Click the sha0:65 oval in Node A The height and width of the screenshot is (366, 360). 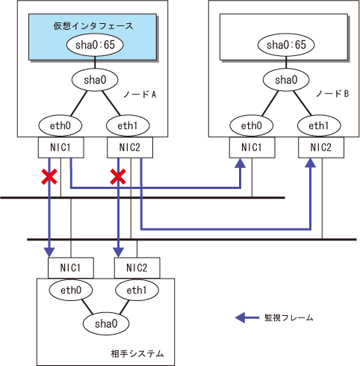(95, 45)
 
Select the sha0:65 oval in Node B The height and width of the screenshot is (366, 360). (286, 45)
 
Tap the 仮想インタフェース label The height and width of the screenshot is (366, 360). (93, 25)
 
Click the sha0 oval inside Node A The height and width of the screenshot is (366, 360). (95, 80)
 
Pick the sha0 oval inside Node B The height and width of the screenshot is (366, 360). (286, 80)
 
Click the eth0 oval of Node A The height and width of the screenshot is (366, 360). (60, 125)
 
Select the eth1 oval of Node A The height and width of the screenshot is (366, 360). (128, 125)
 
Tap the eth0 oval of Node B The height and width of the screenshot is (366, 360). (252, 125)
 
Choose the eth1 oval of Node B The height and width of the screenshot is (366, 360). (319, 125)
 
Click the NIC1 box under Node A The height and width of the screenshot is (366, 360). (60, 147)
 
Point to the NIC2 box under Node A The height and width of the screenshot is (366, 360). (130, 147)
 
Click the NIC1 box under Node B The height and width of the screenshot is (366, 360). (252, 147)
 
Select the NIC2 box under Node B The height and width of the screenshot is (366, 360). (321, 147)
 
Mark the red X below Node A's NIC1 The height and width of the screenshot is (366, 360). (49, 177)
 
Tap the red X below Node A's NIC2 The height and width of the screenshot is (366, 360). (118, 177)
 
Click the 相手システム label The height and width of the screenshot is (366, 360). (137, 353)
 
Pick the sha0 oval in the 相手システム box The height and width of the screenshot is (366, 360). (106, 323)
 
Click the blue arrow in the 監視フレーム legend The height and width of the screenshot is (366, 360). (247, 317)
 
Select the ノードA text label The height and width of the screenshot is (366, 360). (140, 94)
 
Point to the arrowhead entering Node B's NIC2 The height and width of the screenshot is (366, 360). (310, 163)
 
